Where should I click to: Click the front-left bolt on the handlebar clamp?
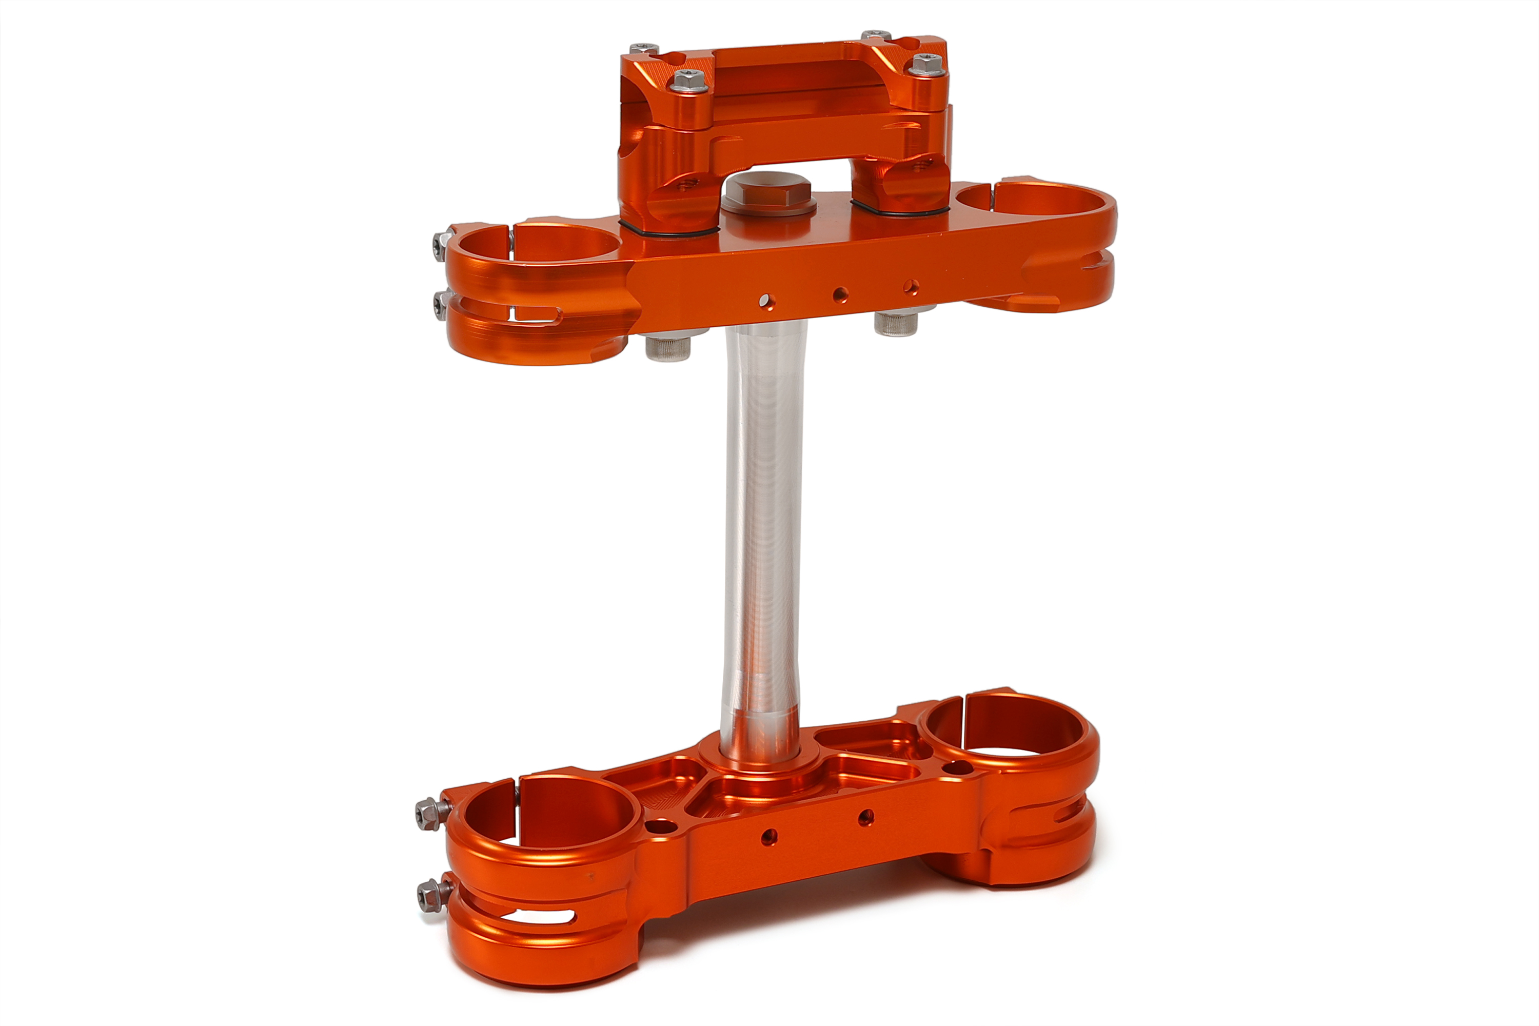[x=689, y=81]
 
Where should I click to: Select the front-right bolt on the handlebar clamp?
[x=926, y=64]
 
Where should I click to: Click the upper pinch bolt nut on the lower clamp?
[x=428, y=813]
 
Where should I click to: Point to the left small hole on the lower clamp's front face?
[x=769, y=836]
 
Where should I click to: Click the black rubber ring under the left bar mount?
[x=667, y=230]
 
